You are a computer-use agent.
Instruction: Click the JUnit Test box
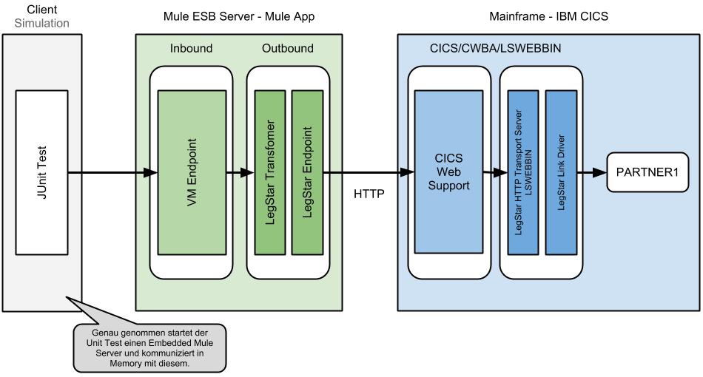[x=41, y=171]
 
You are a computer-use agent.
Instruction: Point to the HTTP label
[x=369, y=194]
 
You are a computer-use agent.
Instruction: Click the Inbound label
[x=192, y=49]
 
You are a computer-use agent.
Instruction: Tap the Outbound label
[x=288, y=49]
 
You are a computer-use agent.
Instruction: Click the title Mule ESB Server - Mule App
[x=239, y=16]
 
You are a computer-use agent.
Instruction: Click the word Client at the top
[x=41, y=10]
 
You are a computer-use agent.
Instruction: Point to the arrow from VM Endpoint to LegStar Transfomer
[x=238, y=173]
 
